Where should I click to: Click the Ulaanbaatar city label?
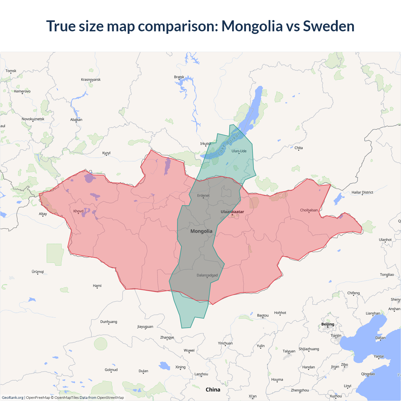click(232, 212)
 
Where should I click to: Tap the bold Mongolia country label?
click(201, 231)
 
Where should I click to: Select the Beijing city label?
click(328, 324)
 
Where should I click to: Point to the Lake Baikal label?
click(228, 143)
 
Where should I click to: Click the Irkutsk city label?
click(206, 144)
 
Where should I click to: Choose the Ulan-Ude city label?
click(239, 151)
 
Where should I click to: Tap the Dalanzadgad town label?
click(207, 275)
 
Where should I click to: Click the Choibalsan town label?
click(309, 210)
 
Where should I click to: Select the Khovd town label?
click(78, 211)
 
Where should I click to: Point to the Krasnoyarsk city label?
click(91, 80)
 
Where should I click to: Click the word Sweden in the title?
click(329, 26)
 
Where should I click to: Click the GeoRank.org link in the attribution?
click(13, 398)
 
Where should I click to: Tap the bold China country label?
click(213, 390)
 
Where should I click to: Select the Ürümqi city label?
click(38, 272)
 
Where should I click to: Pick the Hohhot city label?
click(280, 313)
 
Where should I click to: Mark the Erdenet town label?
click(203, 195)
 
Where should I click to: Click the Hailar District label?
click(362, 192)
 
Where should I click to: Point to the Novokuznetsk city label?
click(33, 119)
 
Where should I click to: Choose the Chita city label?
click(299, 148)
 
